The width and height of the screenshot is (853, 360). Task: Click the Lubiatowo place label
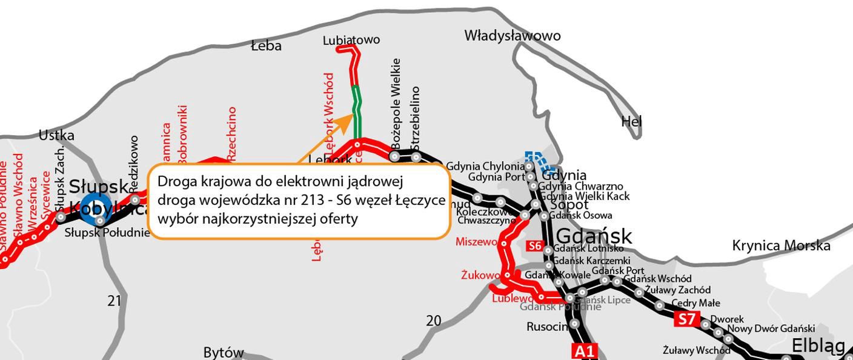coord(351,40)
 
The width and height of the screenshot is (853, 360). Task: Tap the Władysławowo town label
coord(512,36)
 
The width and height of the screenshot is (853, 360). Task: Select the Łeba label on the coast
coord(266,45)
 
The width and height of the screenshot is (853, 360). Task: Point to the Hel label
coord(631,122)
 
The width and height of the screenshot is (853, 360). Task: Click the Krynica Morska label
coord(781,245)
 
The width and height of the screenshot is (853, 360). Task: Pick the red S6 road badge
coord(534,246)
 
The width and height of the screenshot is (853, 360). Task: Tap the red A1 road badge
coord(584,351)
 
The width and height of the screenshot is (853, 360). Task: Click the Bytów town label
coord(224,352)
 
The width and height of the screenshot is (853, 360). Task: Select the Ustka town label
coord(56,135)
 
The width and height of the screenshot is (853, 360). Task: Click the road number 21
coord(115,300)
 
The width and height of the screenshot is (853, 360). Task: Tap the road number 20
coord(434,321)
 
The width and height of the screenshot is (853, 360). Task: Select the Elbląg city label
coord(818,346)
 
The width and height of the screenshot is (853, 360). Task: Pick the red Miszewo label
coord(476,242)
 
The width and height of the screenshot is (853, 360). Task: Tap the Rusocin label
coord(548,327)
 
